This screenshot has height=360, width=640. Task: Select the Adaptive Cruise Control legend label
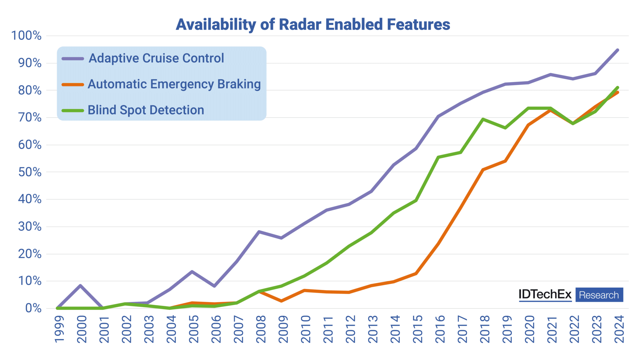pos(156,58)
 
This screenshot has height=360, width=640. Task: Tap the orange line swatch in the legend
pos(72,84)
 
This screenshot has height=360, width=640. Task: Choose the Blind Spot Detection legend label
pos(146,110)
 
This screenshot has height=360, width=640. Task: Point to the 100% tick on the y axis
pos(26,36)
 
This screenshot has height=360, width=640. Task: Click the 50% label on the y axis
pos(30,172)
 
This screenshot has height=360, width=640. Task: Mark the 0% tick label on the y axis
pos(33,308)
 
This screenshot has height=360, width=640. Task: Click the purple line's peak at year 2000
pos(80,285)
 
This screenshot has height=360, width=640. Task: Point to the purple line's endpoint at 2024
pos(617,50)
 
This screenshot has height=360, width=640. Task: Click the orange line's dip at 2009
pos(281,301)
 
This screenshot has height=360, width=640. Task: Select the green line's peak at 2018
pos(483,119)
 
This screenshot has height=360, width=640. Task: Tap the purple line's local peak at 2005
pos(192,272)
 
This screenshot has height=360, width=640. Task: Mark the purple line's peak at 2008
pos(259,232)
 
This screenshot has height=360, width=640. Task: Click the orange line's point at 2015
pos(416,273)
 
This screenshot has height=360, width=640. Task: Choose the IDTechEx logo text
pos(545,294)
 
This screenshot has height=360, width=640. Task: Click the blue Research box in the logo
pos(599,295)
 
